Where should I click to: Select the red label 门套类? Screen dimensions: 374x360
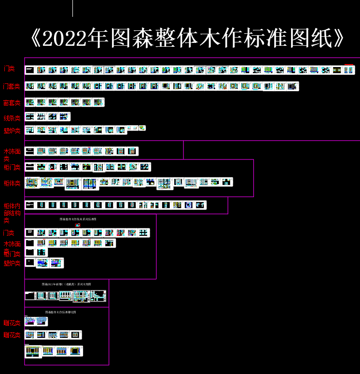tap(12, 87)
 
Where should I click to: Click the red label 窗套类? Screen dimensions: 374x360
tap(12, 103)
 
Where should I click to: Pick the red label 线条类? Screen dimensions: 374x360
tap(12, 118)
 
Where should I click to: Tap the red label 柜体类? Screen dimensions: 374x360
tap(12, 183)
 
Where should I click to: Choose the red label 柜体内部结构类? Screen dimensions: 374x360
tap(12, 213)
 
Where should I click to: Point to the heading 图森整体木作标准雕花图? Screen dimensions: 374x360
tap(60, 312)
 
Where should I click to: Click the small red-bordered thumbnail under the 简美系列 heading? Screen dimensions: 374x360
tap(78, 225)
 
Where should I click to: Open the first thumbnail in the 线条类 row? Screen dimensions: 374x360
tap(30, 117)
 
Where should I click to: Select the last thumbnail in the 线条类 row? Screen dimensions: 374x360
tap(65, 117)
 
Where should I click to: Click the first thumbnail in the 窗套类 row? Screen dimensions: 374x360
tap(30, 102)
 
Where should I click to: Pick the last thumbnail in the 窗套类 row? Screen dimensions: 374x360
tap(98, 102)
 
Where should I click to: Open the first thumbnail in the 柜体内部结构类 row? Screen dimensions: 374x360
tap(30, 205)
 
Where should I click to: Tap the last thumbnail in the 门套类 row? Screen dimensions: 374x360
tap(293, 86)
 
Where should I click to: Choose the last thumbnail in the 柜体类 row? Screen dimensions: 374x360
tap(227, 182)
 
